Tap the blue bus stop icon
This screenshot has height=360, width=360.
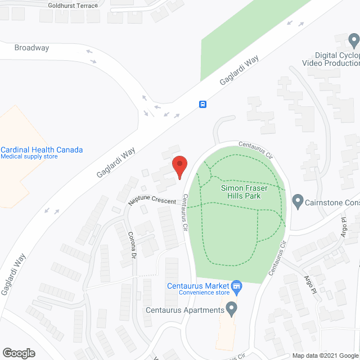[x=202, y=104]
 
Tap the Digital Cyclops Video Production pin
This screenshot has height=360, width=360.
[x=354, y=40]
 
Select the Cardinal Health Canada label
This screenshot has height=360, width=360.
[x=42, y=150]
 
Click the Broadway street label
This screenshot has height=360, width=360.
[x=32, y=48]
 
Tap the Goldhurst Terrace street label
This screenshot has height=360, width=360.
[x=73, y=6]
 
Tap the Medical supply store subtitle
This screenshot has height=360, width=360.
[x=29, y=157]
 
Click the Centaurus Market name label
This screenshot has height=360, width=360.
[x=198, y=285]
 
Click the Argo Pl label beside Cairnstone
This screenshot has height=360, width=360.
[x=345, y=228]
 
